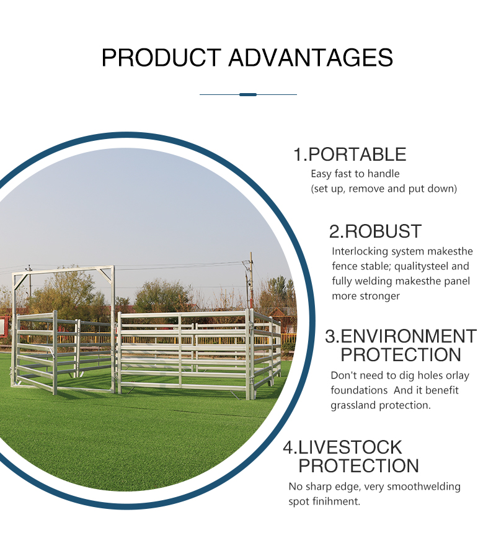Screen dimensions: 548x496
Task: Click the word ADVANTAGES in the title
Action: coord(311,58)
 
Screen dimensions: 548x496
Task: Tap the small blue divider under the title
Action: coord(248,94)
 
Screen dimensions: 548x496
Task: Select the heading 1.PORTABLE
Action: coord(350,155)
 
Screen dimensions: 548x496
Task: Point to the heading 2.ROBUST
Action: coord(375,231)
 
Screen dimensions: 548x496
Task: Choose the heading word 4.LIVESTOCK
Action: coord(342,447)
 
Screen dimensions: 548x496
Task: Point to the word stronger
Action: coord(380,296)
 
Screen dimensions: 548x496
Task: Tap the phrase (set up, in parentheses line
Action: coord(327,189)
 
